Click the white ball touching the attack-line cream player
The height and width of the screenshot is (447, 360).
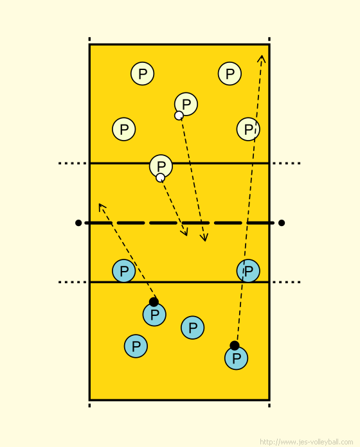(160, 178)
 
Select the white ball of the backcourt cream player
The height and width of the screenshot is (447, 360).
(179, 116)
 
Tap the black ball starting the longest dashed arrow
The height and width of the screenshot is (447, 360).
(235, 346)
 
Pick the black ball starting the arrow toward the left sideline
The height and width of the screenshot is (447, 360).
(154, 302)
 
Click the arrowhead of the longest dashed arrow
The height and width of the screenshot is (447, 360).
(262, 58)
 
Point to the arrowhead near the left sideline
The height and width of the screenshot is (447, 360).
(102, 207)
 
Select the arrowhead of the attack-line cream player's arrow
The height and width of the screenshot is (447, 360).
(184, 232)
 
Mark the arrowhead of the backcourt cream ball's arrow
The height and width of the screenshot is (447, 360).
(204, 238)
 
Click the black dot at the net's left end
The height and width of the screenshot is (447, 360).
(78, 223)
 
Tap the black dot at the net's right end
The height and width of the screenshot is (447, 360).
(282, 223)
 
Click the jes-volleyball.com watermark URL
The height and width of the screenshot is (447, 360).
(307, 442)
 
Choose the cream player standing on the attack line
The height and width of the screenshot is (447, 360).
(161, 166)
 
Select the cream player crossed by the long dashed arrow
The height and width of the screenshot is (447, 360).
(248, 129)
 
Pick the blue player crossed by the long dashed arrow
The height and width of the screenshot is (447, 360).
(248, 271)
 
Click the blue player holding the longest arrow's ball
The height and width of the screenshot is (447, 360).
(236, 358)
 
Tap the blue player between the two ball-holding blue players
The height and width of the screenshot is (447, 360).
(193, 328)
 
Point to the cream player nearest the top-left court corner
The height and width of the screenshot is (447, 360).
(142, 74)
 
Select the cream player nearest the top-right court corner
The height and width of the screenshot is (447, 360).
(230, 74)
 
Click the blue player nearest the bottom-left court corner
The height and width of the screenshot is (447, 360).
(136, 346)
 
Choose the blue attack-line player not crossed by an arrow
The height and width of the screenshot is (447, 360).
(124, 271)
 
